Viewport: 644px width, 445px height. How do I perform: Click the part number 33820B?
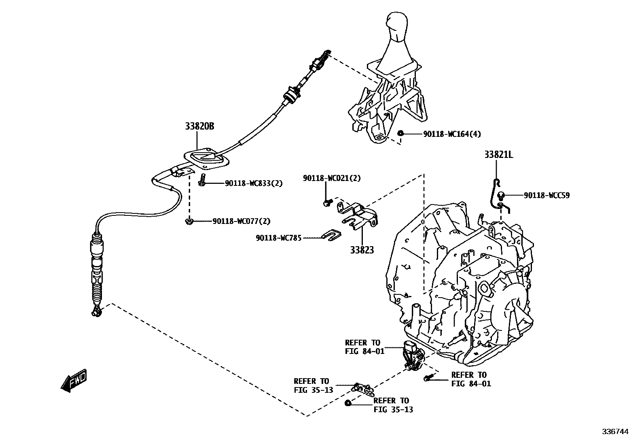[x=199, y=126]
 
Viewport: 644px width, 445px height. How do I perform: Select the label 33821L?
[x=498, y=155]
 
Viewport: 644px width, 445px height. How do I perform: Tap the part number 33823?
[x=362, y=250]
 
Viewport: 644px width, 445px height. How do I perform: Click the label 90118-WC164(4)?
[x=452, y=134]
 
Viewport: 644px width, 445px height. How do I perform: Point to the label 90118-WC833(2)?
[x=254, y=183]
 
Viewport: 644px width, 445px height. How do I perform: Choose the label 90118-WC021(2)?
[x=332, y=178]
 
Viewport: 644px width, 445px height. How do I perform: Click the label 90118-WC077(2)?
[x=241, y=221]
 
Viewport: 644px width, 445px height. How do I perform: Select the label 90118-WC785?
[x=278, y=238]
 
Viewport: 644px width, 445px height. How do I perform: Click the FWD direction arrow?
[x=74, y=381]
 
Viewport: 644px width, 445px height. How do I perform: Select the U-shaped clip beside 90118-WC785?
[x=331, y=234]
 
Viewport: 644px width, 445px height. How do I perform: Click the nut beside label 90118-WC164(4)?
[x=400, y=133]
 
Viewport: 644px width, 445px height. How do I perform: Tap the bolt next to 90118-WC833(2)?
[x=203, y=181]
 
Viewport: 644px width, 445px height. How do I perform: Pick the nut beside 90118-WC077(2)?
[x=189, y=221]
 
